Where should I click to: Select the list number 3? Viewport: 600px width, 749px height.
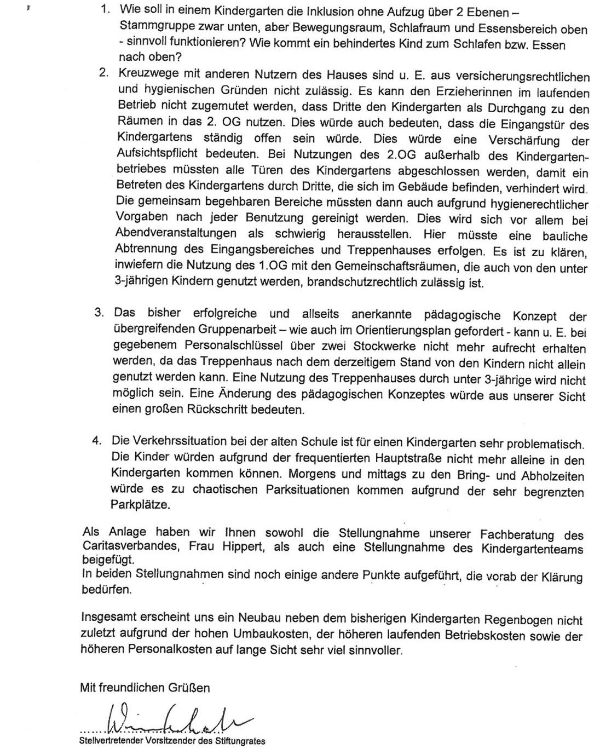(x=99, y=313)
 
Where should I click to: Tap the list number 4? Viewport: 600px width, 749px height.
(x=96, y=440)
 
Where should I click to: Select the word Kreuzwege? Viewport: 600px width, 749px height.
(x=143, y=74)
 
